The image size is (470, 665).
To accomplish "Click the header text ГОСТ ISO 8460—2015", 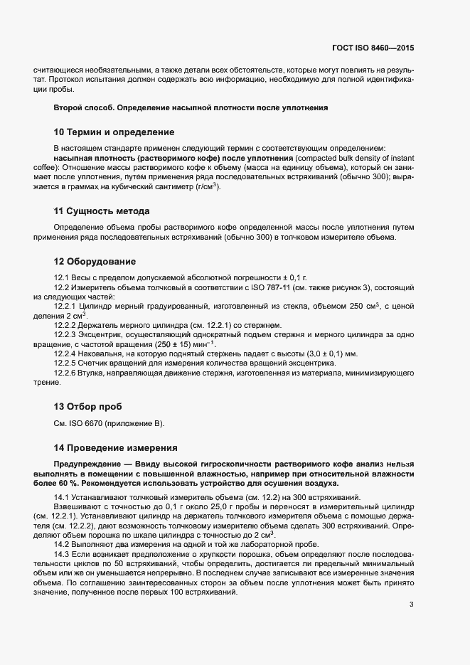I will (373, 48).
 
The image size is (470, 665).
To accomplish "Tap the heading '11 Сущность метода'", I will (102, 211).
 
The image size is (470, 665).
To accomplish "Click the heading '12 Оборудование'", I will (95, 262).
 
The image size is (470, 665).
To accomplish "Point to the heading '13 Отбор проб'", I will (88, 407).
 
